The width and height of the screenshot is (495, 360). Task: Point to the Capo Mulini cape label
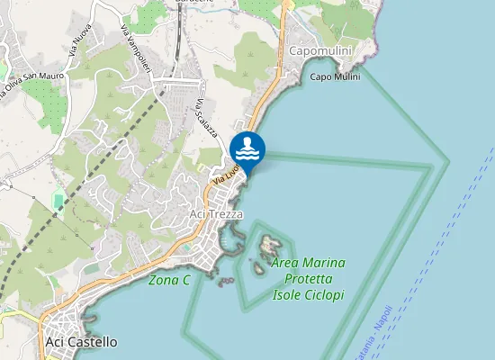tap(335, 76)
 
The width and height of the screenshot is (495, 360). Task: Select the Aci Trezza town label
tap(216, 213)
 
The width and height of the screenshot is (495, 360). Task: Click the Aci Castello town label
tap(81, 342)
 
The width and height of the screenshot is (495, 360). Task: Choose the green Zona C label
tap(169, 280)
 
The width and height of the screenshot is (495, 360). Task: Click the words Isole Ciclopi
tap(309, 295)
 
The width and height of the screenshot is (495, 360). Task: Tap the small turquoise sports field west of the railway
tap(59, 200)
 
